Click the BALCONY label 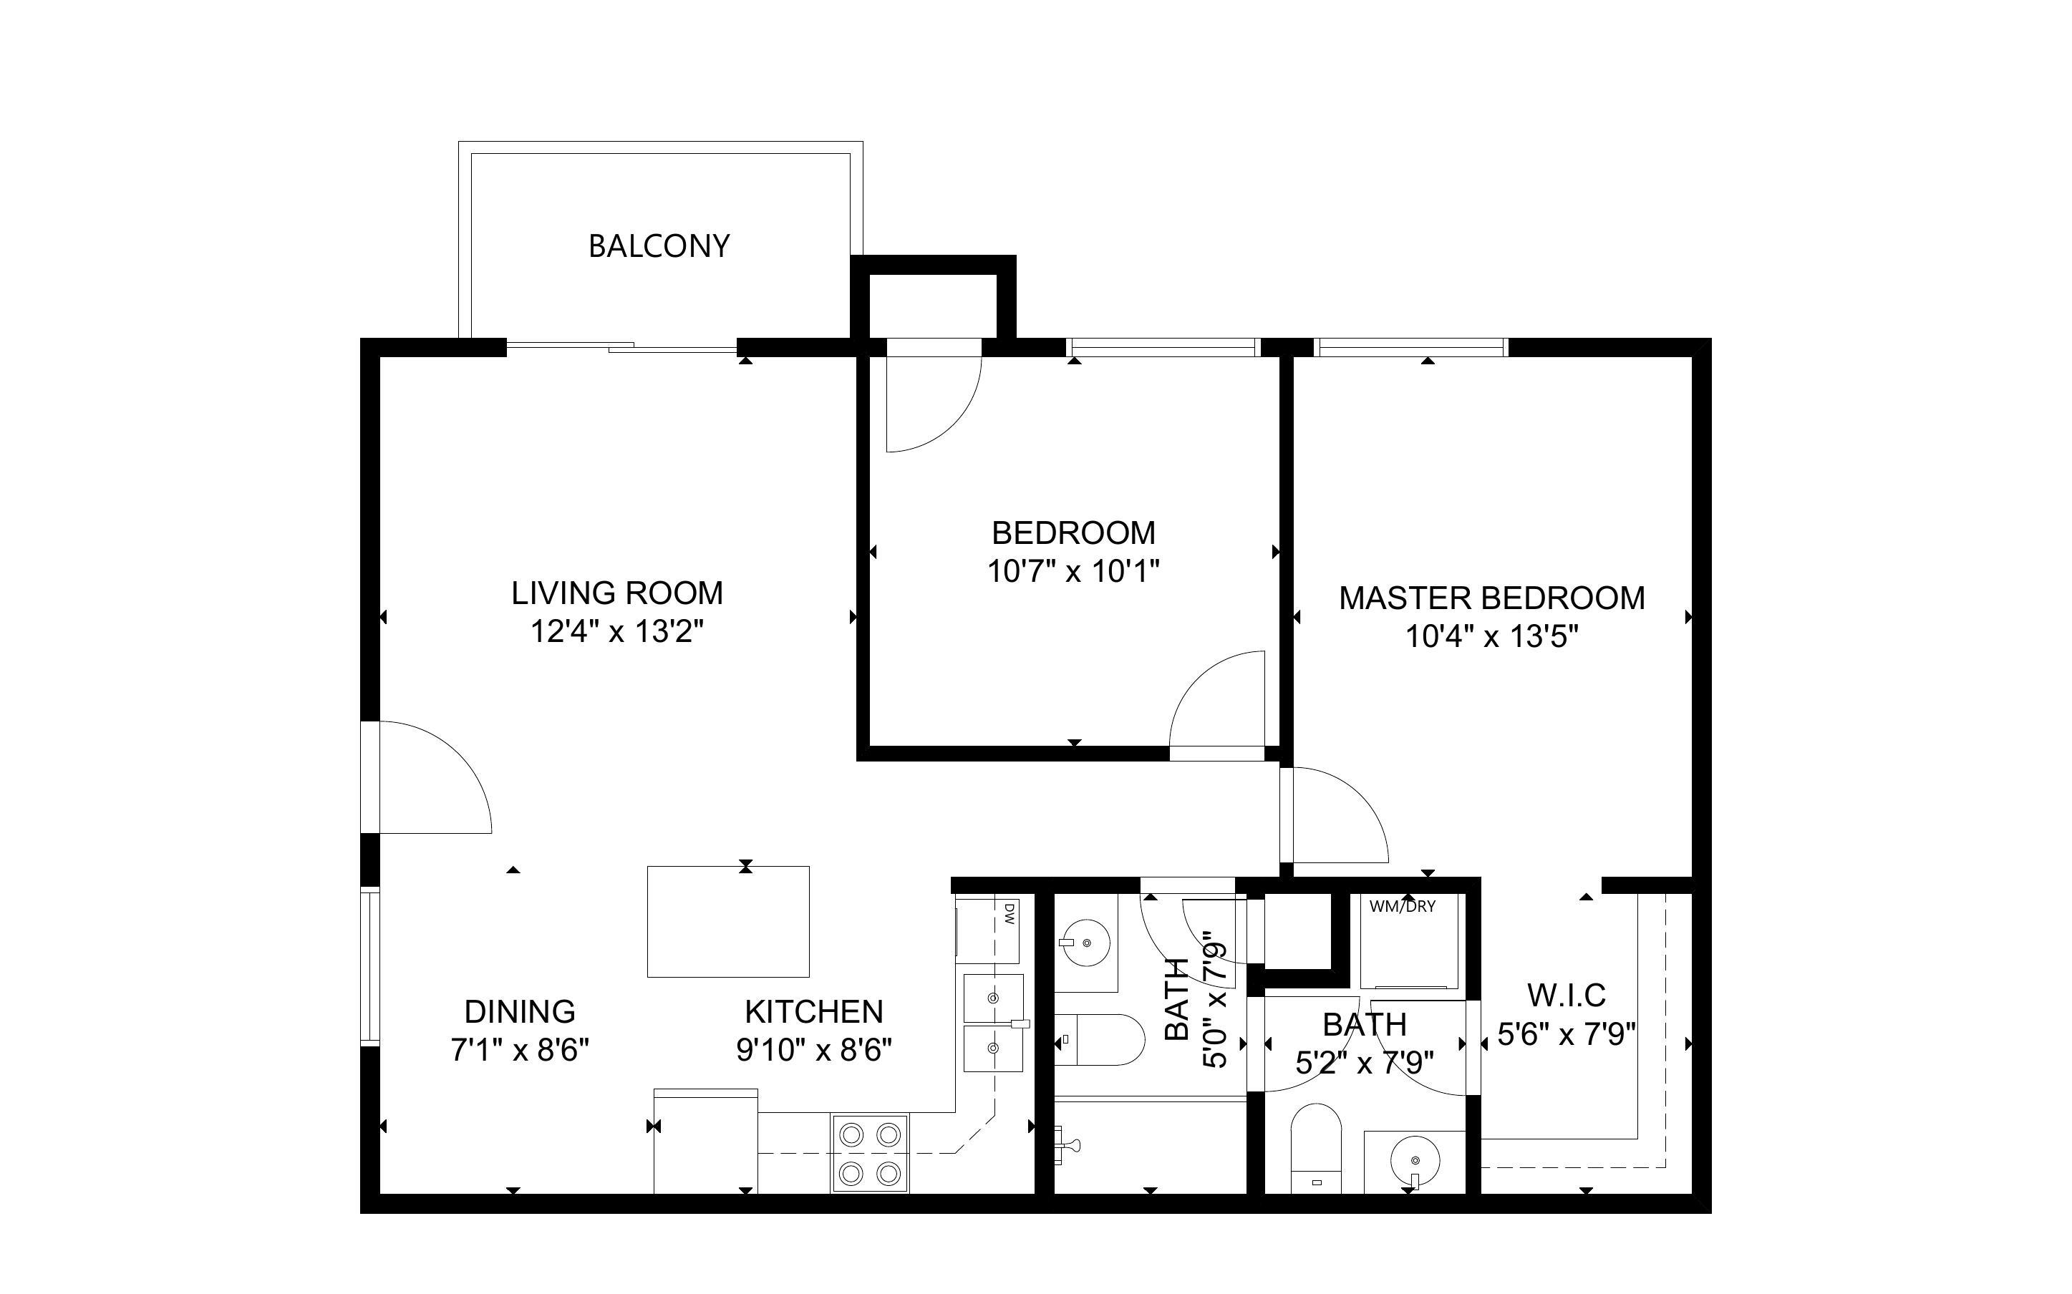(658, 246)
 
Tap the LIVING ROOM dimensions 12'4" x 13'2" (617, 633)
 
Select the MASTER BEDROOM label (1491, 598)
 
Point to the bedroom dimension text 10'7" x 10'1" (1073, 572)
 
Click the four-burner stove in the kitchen (869, 1153)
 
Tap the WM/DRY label (1402, 906)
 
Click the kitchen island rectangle (727, 922)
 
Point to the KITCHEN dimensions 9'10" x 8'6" (814, 1050)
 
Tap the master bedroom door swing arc (1335, 817)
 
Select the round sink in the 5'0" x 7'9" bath (1086, 943)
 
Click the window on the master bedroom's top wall (1410, 347)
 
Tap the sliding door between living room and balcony (622, 346)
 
